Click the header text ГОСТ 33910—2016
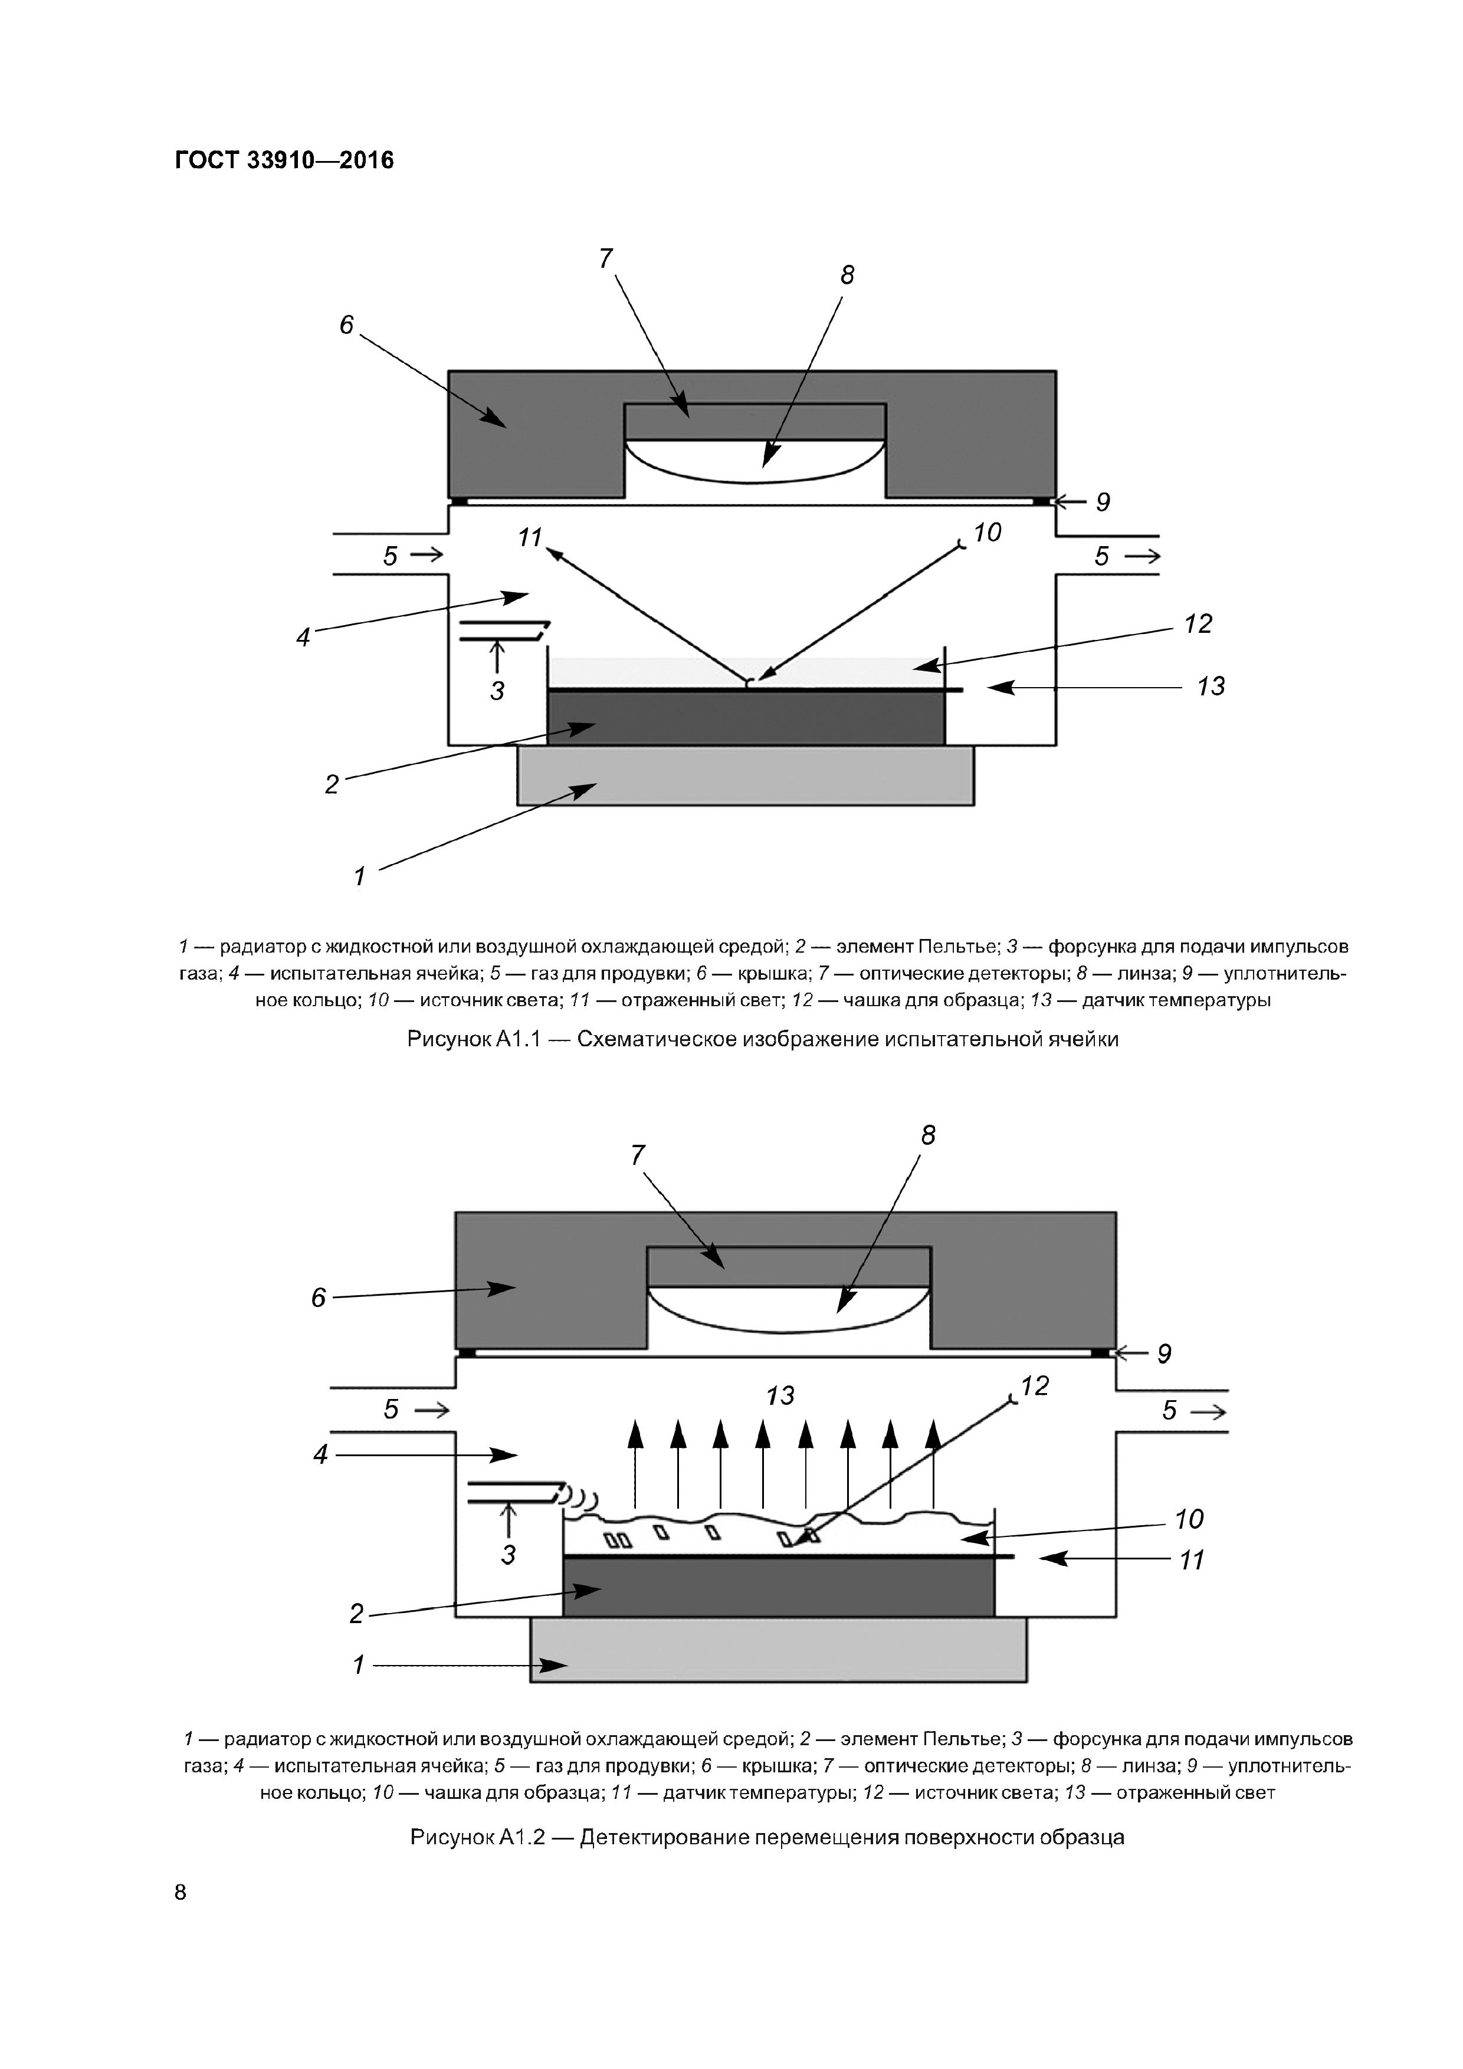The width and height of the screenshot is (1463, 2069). pos(284,160)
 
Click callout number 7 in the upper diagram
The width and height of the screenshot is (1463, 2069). pos(606,258)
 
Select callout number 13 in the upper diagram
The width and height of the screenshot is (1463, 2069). pos(1211,687)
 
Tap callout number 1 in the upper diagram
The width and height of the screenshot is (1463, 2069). pos(360,875)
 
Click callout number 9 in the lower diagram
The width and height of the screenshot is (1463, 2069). pos(1164,1354)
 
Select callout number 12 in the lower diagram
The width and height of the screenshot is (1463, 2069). pos(1035,1386)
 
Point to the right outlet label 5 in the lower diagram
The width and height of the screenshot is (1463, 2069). pos(1169,1410)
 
